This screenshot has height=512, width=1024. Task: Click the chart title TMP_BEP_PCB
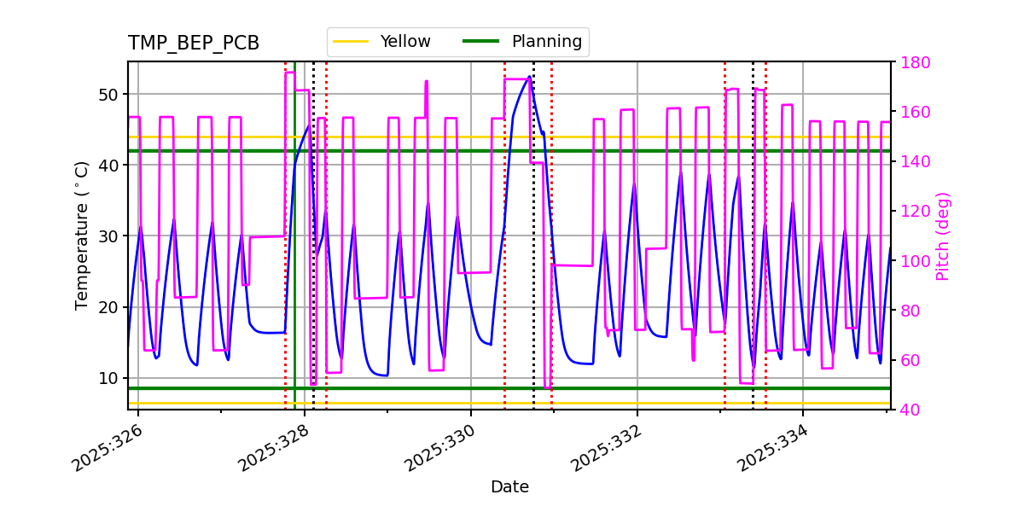click(194, 44)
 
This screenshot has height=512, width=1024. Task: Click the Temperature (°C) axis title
click(82, 236)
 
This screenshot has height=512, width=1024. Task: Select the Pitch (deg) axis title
click(943, 236)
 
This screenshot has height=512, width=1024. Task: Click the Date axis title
click(509, 487)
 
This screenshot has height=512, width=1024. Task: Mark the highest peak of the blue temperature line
click(530, 77)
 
